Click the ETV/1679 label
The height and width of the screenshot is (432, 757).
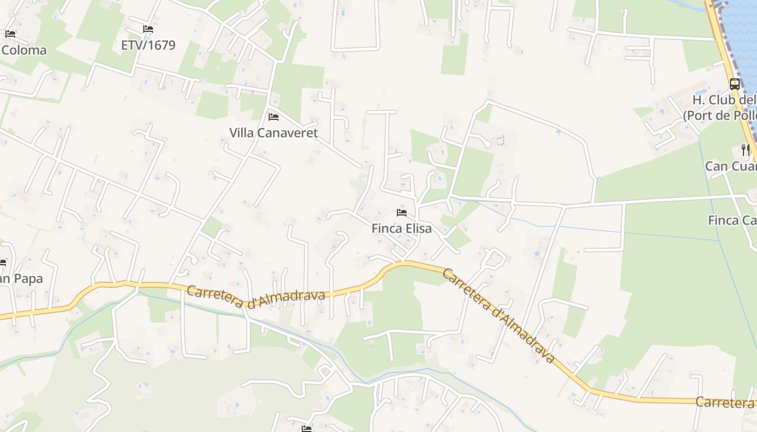148,45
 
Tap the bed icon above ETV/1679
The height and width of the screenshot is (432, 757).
148,29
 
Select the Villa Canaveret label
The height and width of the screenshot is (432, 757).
274,132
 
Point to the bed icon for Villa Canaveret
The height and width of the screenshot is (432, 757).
274,117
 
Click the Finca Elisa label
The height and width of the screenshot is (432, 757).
402,228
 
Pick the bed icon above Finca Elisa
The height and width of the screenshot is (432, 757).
401,213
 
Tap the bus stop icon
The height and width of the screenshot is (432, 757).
734,84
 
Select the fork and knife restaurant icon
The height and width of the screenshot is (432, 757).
746,150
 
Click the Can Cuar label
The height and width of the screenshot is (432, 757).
730,166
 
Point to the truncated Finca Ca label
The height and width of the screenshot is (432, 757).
732,220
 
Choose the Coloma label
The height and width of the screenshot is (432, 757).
24,50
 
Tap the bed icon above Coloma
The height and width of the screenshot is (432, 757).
10,34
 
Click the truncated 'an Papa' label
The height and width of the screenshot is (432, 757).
21,279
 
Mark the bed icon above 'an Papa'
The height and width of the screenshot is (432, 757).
2,263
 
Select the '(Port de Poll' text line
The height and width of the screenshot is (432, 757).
719,116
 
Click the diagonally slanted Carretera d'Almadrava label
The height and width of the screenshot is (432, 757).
499,315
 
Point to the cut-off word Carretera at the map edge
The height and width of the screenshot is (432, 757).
725,402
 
